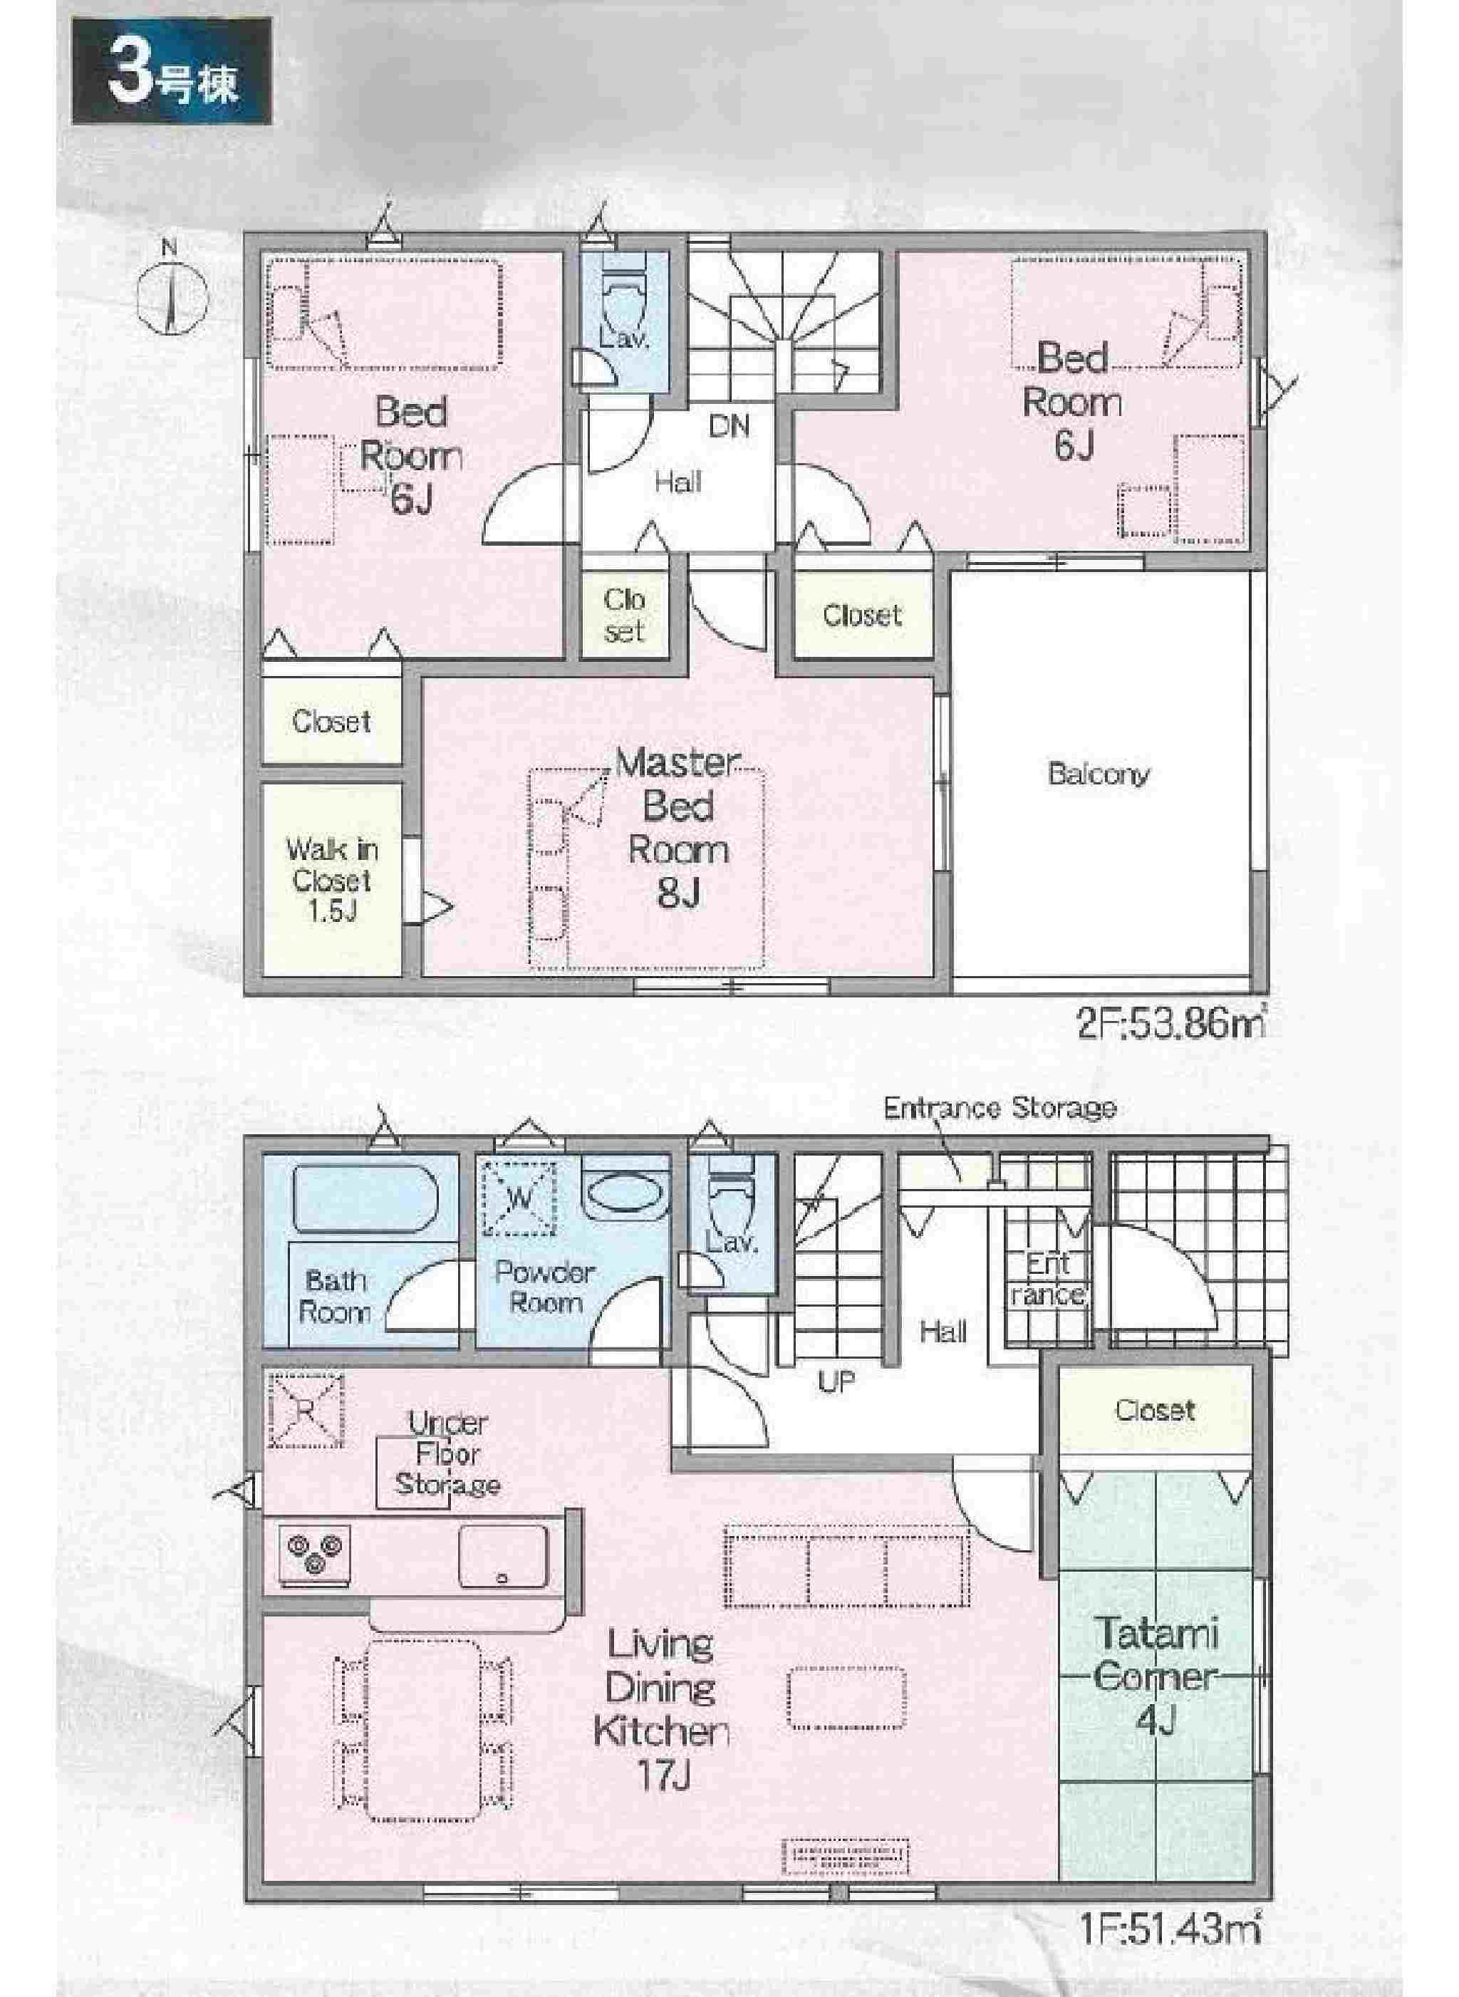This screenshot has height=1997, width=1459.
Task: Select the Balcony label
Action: (1099, 774)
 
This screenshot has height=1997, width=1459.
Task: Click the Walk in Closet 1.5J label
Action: (332, 880)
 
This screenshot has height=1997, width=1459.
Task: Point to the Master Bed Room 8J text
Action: (678, 826)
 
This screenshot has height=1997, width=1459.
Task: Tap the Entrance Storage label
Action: (1000, 1108)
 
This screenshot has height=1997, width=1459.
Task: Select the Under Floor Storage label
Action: (447, 1454)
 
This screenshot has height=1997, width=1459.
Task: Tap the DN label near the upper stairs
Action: (729, 427)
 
